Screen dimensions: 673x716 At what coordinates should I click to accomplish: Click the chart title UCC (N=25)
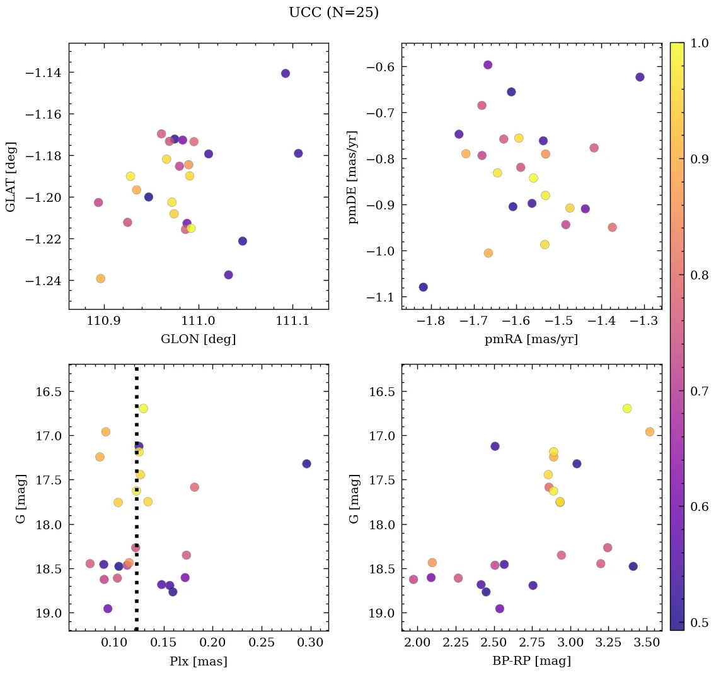click(x=333, y=13)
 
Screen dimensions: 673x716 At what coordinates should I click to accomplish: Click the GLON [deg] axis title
click(x=198, y=339)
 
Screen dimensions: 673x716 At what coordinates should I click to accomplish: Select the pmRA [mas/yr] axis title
click(x=531, y=339)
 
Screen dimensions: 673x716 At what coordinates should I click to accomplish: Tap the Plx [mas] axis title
click(x=198, y=661)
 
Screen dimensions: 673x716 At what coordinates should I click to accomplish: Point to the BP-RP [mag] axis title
click(x=531, y=661)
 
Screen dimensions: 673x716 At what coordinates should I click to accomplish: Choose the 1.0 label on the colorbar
click(x=699, y=44)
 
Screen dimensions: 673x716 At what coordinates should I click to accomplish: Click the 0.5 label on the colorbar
click(x=699, y=623)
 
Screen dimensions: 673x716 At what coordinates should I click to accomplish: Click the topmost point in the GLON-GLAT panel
click(x=286, y=73)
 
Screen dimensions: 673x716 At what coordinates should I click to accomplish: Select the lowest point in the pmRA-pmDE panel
click(x=423, y=287)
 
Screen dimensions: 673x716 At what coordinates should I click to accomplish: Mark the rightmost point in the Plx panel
click(x=306, y=464)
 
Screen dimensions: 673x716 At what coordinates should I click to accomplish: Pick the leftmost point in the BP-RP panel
click(x=413, y=580)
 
